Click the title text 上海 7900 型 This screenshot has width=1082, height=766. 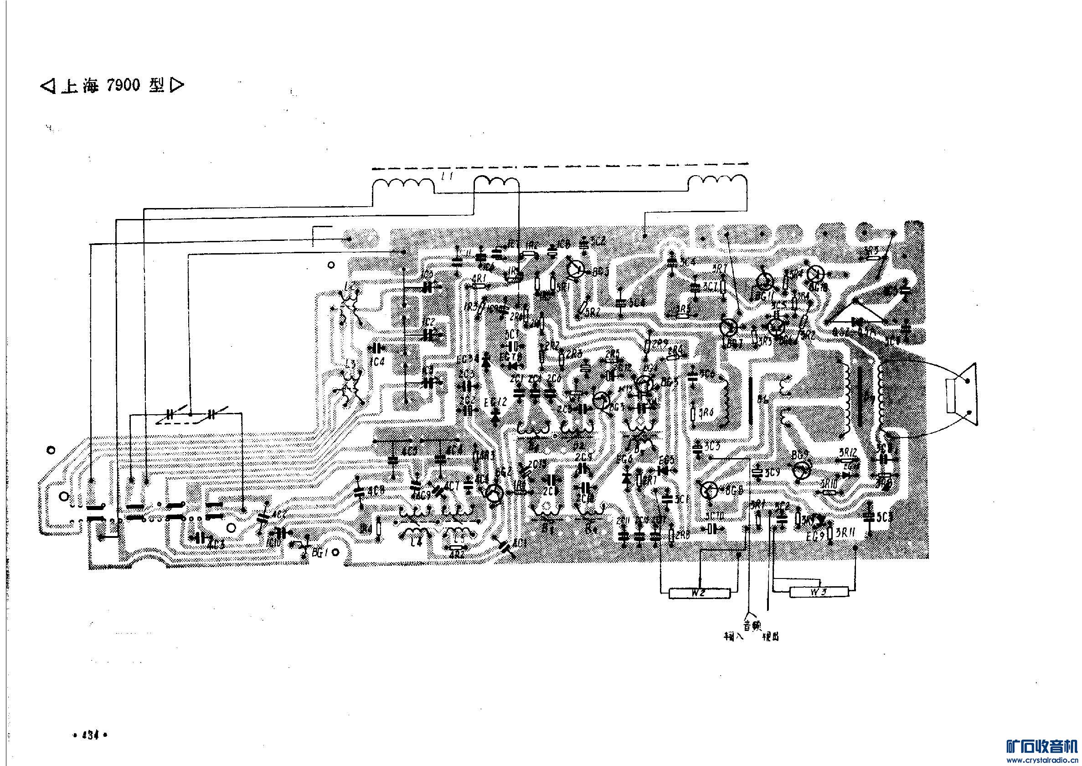pyautogui.click(x=112, y=85)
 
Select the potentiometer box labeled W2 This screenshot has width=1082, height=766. pyautogui.click(x=699, y=593)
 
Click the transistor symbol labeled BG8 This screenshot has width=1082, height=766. pyautogui.click(x=708, y=490)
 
